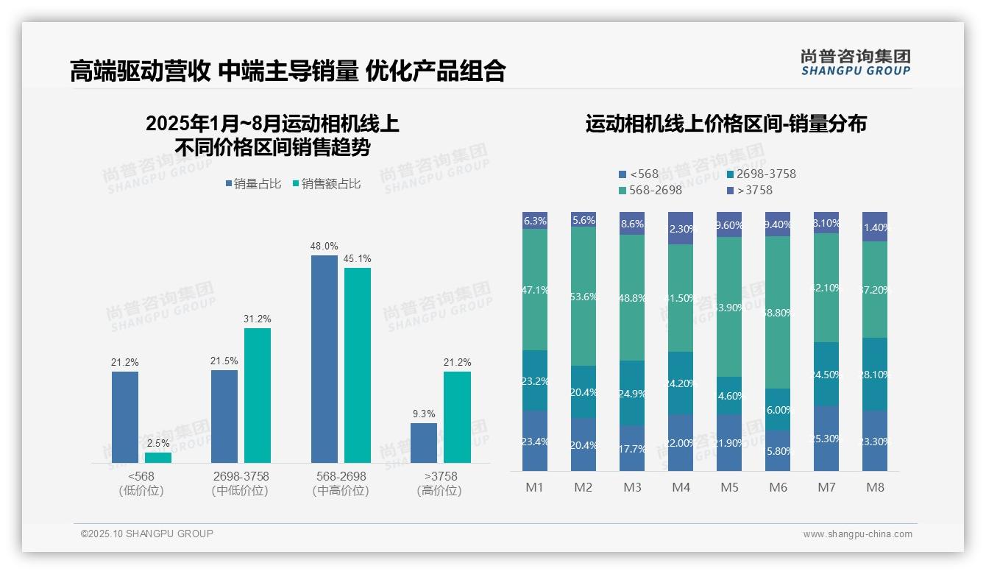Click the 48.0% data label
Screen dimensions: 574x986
[x=324, y=247]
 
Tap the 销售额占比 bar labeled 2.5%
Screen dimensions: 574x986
[x=158, y=457]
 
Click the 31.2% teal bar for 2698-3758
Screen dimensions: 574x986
[x=258, y=395]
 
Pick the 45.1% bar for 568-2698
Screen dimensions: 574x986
[x=358, y=365]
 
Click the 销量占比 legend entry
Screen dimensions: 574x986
[x=253, y=184]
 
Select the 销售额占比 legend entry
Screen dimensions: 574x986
[x=327, y=184]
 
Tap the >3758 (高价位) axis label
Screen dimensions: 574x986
[x=439, y=483]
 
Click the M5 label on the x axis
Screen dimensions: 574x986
[x=729, y=487]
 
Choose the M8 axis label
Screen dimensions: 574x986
[x=875, y=487]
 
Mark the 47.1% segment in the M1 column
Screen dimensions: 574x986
[x=535, y=289]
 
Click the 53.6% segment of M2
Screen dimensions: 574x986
[x=584, y=296]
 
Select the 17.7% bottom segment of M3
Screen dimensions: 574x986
[x=632, y=448]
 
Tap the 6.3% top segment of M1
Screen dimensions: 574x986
[x=535, y=221]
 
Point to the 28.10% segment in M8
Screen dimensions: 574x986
[x=875, y=374]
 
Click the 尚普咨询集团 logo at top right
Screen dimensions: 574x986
[x=855, y=62]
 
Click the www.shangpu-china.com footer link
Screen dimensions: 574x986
[x=857, y=534]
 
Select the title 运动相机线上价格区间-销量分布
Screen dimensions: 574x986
[x=726, y=124]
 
